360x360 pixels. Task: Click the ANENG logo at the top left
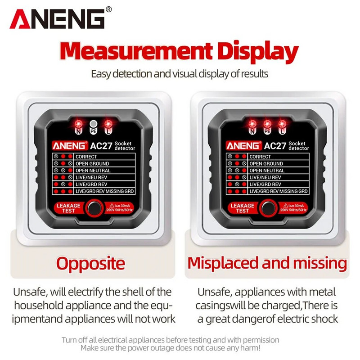click(60, 18)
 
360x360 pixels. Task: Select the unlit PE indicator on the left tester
click(93, 124)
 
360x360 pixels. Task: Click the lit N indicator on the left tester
click(78, 124)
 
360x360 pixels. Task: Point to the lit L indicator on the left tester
click(108, 124)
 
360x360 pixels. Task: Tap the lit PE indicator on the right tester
click(267, 124)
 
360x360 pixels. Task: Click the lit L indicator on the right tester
click(282, 124)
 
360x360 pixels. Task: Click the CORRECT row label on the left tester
click(86, 157)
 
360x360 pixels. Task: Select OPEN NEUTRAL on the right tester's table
click(267, 171)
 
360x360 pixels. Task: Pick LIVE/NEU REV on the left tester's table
click(91, 177)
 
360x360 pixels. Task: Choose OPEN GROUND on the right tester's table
click(266, 164)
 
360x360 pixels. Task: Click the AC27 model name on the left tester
click(101, 146)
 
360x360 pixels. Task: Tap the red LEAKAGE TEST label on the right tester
click(242, 208)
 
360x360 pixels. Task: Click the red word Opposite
click(91, 264)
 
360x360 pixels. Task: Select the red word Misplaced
click(223, 263)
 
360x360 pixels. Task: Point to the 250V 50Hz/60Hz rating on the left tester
click(119, 210)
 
